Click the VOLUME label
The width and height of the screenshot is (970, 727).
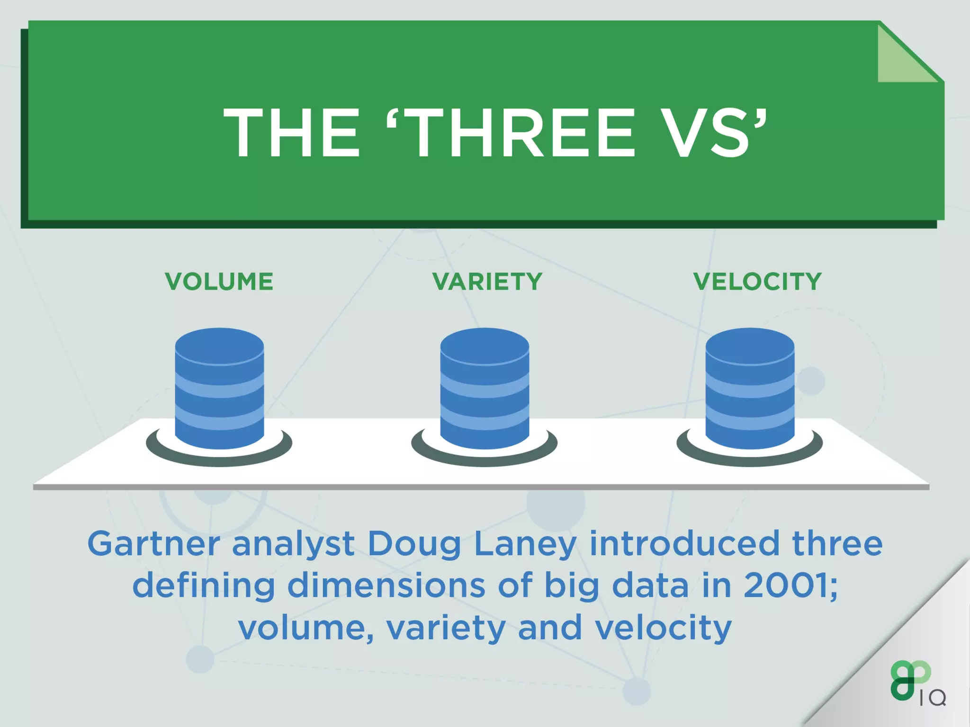tap(219, 282)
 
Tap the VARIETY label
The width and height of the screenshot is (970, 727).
tap(487, 282)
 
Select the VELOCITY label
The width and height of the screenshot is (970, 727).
tap(757, 282)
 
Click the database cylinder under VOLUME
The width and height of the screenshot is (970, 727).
tap(219, 388)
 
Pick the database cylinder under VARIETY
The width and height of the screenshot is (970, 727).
tap(485, 388)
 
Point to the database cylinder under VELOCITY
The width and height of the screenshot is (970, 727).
tap(750, 388)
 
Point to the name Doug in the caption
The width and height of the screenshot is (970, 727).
tap(414, 544)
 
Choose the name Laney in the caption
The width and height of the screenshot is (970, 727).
tap(525, 544)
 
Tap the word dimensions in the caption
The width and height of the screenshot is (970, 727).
tap(386, 585)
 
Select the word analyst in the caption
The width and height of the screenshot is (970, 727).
tap(293, 544)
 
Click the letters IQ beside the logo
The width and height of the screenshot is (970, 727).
tap(933, 698)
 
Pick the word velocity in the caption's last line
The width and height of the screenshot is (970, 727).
tap(663, 629)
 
